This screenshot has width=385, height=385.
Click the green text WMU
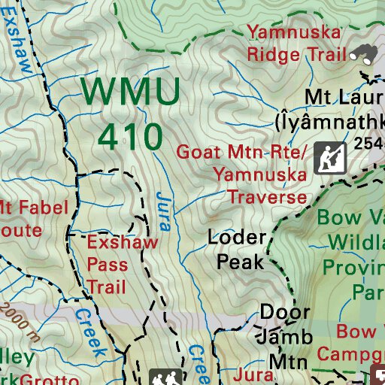(131, 92)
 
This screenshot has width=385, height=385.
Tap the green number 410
(131, 136)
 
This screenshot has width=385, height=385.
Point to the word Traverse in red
(268, 198)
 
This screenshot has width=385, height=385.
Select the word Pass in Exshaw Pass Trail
(107, 265)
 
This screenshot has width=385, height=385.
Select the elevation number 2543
(370, 143)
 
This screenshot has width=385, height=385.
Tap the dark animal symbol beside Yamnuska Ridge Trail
(365, 53)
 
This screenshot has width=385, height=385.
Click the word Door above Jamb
(284, 312)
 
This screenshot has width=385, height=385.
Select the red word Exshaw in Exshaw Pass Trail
(123, 242)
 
